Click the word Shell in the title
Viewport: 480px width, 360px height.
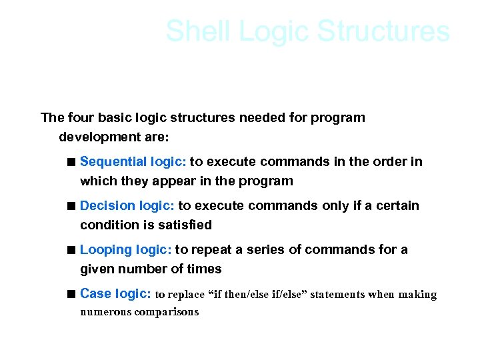197,31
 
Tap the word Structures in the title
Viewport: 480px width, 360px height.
384,31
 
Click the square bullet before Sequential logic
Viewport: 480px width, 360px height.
71,162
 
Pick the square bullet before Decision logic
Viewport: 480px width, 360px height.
71,206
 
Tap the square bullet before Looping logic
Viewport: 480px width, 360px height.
71,250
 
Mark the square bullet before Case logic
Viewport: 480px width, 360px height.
71,294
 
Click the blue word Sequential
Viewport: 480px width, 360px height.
109,162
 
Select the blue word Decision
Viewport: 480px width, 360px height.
105,206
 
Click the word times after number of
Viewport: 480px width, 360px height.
204,269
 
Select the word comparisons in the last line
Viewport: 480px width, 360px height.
167,312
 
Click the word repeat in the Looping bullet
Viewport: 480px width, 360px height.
211,250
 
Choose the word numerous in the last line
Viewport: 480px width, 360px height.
105,312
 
